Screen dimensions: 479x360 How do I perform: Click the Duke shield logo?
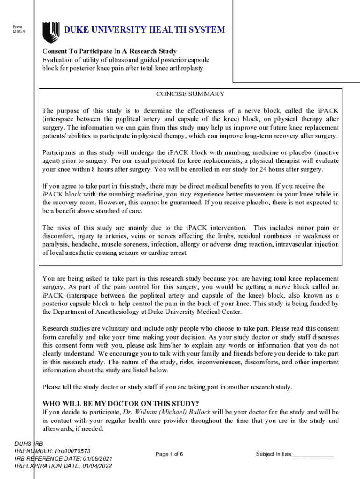pos(50,31)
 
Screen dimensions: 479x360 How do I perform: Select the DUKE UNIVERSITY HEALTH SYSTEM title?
pos(144,30)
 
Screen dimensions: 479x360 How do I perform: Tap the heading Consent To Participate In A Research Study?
pos(109,51)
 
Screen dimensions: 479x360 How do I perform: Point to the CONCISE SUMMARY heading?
pos(190,94)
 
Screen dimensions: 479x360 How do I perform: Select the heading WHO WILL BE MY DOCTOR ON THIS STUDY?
pos(121,404)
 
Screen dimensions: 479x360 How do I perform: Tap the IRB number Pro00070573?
pos(72,451)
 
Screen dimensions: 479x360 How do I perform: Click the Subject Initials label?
pos(274,454)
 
